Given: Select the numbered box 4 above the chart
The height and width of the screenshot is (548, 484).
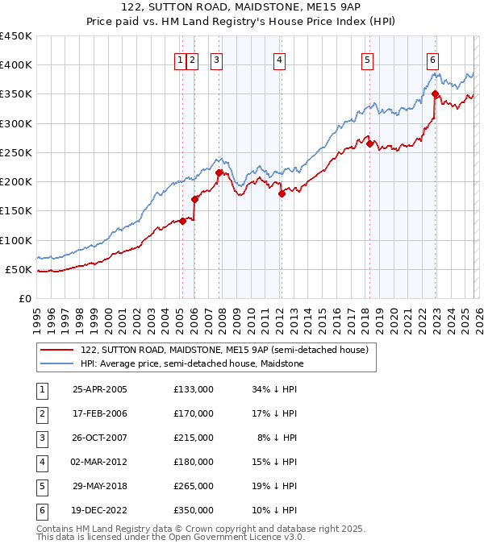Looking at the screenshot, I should pos(279,59).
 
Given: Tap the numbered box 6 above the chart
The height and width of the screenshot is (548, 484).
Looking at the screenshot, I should pos(433,59).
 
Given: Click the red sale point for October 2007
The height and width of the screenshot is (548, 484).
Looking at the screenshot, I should pos(219,172).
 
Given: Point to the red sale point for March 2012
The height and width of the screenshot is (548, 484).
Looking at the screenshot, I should pos(282,193).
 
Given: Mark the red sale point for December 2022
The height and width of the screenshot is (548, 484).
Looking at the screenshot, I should pos(435,93).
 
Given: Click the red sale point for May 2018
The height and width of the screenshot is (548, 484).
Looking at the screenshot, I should pos(369,143).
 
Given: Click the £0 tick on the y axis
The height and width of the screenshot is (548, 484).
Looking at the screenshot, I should pos(24,298).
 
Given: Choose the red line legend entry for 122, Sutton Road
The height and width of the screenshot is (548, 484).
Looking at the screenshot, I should pos(224,350).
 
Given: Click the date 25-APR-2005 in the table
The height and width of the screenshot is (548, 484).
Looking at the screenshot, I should pos(100,389).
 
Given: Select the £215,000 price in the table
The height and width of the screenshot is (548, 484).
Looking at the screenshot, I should pos(194,438).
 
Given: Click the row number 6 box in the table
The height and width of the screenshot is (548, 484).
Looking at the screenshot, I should pos(40,510).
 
